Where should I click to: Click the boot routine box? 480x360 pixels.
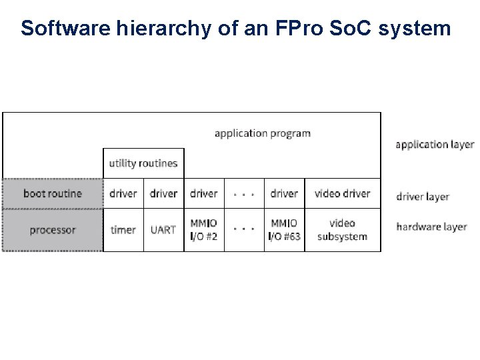click(53, 193)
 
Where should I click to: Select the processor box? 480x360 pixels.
click(53, 230)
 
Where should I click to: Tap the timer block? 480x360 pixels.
click(123, 230)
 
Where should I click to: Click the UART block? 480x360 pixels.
click(163, 230)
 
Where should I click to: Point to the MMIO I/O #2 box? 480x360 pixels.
click(204, 230)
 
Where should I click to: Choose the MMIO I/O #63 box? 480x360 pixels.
click(284, 230)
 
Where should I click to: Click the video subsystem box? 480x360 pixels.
click(342, 230)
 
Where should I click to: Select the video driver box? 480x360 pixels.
click(342, 193)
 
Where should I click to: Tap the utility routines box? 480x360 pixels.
click(143, 163)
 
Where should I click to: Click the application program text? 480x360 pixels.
click(263, 133)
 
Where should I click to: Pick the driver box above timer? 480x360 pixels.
click(123, 193)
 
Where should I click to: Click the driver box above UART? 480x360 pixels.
click(163, 193)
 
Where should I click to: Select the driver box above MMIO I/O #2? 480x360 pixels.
click(204, 193)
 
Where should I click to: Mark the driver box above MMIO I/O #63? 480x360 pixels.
click(284, 193)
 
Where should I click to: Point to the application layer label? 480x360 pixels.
click(435, 144)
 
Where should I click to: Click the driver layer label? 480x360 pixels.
click(423, 197)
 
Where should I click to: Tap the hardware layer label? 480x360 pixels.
click(431, 227)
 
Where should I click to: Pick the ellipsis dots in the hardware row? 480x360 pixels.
click(244, 229)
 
